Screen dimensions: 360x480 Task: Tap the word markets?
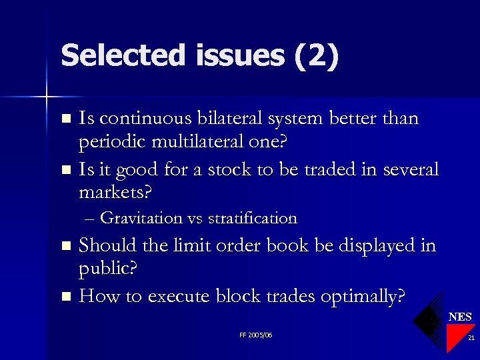tap(115, 193)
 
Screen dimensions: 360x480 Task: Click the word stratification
tap(253, 218)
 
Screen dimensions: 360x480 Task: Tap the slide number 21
tap(471, 338)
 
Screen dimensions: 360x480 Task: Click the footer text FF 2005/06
tap(255, 335)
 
